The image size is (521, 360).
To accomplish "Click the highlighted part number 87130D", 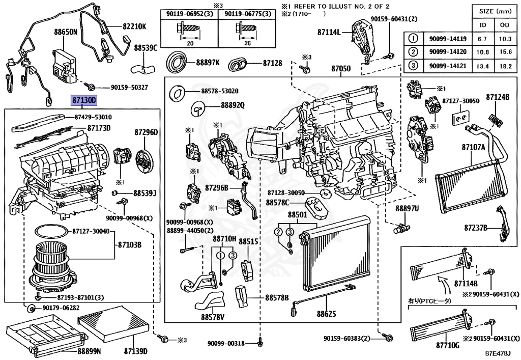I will (x=83, y=101).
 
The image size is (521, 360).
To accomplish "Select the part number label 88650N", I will (x=66, y=32).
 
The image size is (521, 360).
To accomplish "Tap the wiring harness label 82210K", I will (x=134, y=26).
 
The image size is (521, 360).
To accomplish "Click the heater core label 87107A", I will (x=474, y=147).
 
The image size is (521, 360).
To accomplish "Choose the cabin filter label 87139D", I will (x=135, y=351).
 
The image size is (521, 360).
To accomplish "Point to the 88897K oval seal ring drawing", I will (x=178, y=63).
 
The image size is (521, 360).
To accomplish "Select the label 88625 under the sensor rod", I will (x=326, y=314).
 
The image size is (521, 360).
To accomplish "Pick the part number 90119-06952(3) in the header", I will (x=190, y=15).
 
